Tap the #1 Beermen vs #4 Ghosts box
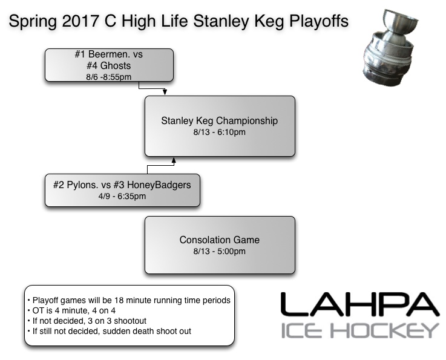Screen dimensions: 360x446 click(109, 65)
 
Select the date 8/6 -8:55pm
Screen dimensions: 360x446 click(109, 76)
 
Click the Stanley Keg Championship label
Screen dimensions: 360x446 click(219, 120)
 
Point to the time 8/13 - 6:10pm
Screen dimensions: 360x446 click(219, 132)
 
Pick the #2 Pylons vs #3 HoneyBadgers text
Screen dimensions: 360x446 click(122, 185)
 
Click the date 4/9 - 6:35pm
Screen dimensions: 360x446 click(122, 196)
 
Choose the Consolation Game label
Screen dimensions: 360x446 click(219, 240)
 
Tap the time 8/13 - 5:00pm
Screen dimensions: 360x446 click(219, 252)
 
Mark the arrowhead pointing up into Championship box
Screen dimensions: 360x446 click(174, 161)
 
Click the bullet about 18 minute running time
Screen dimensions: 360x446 click(128, 300)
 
